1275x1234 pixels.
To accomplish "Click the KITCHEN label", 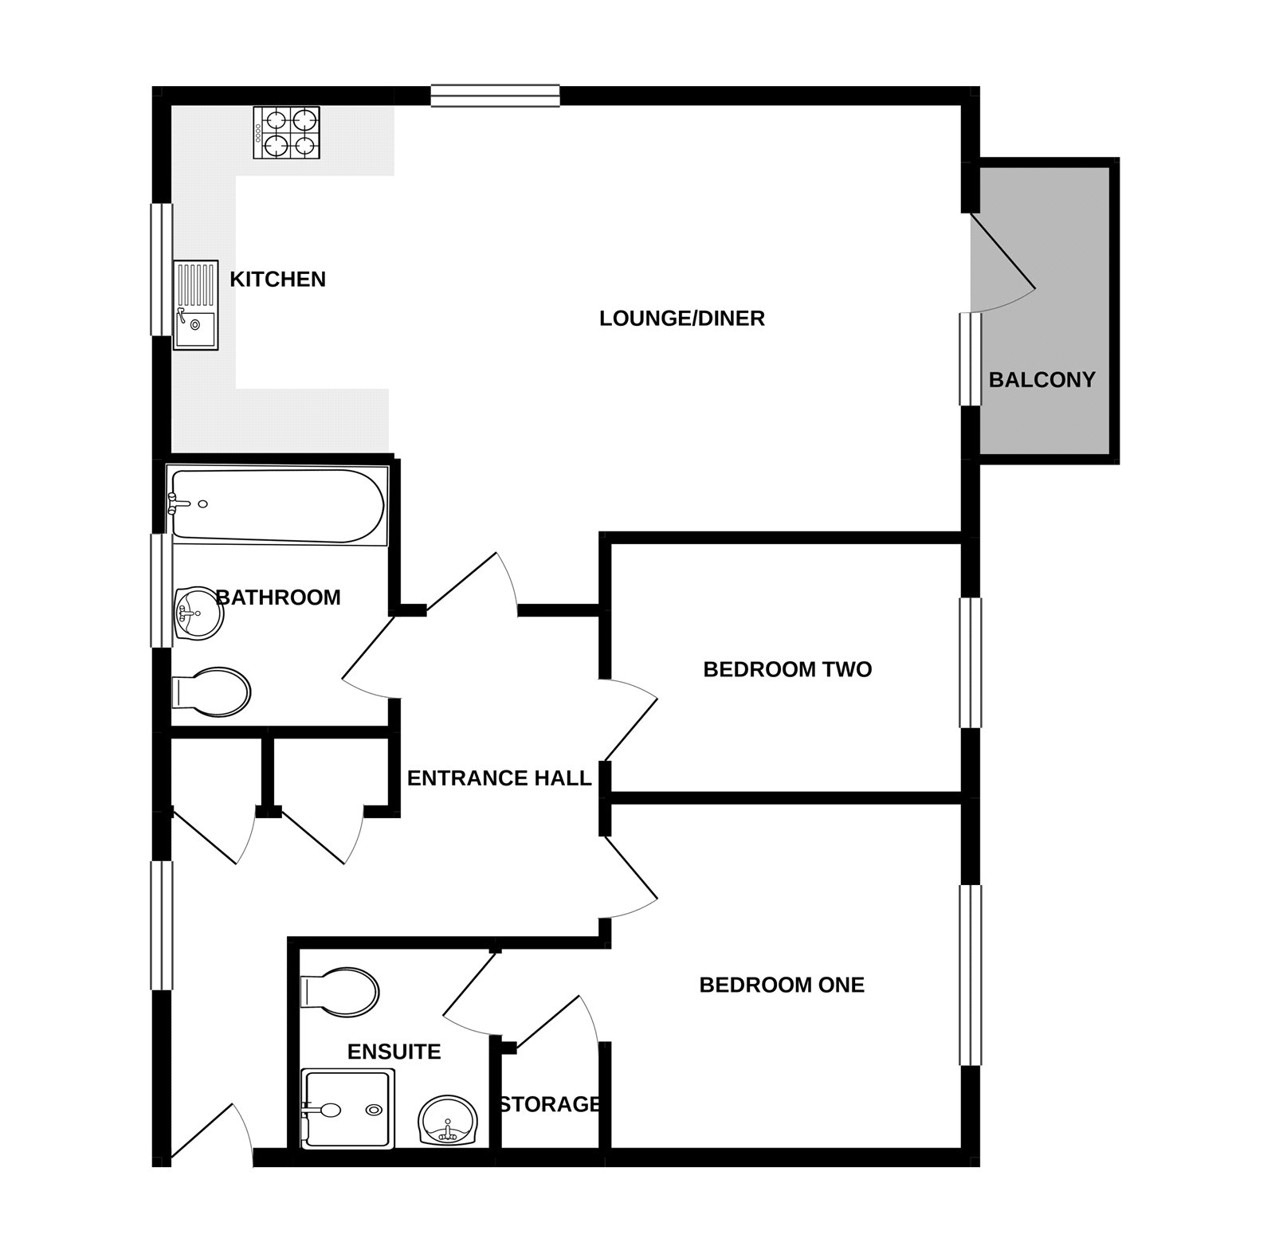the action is [277, 280].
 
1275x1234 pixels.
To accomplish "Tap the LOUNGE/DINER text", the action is [681, 319].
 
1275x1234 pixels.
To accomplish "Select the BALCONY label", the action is [1042, 380].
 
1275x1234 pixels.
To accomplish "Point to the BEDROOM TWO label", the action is [787, 669].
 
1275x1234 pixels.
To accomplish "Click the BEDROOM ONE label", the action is [782, 985].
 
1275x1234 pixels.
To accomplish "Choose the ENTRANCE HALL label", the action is [499, 778].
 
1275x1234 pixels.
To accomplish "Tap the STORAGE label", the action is [550, 1104].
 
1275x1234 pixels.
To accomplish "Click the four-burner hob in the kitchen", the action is [287, 132].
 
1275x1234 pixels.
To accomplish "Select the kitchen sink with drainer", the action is [196, 305].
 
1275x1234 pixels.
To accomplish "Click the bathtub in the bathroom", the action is [277, 506].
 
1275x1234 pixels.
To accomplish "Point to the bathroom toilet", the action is [211, 691].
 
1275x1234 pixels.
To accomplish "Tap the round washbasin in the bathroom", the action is [198, 613].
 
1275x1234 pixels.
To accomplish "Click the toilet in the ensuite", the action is [339, 992].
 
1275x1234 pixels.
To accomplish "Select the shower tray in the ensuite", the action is [347, 1109].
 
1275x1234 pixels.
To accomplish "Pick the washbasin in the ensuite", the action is [447, 1119].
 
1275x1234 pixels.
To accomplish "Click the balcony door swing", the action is [1002, 263].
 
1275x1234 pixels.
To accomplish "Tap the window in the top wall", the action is [495, 96].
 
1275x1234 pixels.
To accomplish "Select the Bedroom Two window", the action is [970, 663].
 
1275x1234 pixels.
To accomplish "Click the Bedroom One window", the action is [970, 975].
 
